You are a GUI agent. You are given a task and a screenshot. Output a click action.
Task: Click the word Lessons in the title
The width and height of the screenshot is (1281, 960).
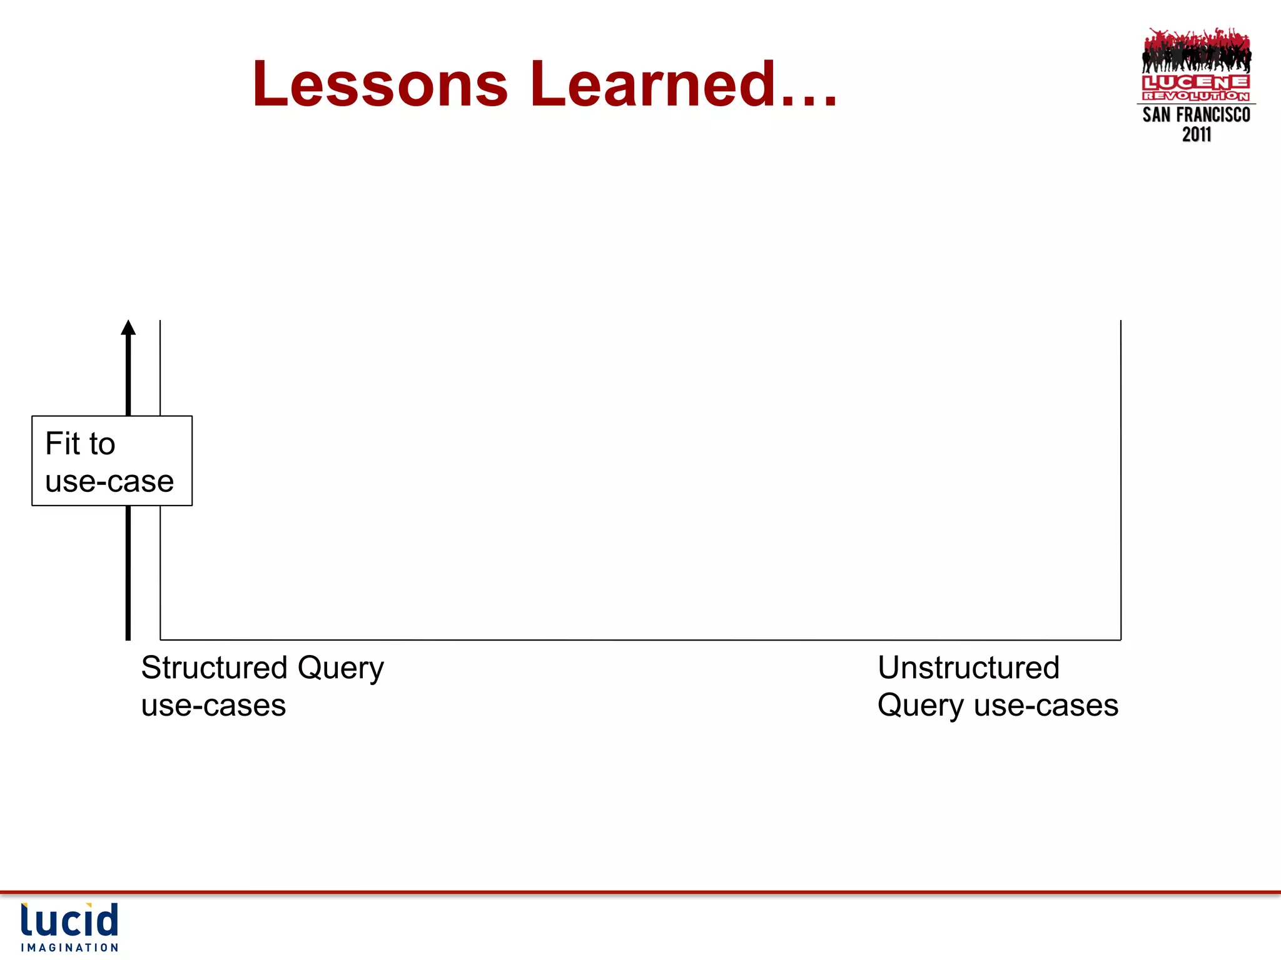pyautogui.click(x=380, y=84)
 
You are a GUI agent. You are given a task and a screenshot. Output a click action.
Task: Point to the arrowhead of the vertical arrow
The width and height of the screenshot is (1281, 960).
pyautogui.click(x=128, y=328)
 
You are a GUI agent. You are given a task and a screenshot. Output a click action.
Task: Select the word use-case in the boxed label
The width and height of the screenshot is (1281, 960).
pyautogui.click(x=109, y=481)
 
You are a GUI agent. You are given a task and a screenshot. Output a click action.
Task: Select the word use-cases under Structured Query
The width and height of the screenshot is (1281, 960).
pyautogui.click(x=213, y=706)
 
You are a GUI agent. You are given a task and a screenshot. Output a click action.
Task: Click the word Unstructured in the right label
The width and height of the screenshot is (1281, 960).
pyautogui.click(x=968, y=667)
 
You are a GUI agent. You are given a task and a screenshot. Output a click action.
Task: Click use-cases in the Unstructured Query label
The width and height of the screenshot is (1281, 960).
pyautogui.click(x=1046, y=706)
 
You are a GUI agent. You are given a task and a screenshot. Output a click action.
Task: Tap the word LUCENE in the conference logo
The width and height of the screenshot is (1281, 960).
pyautogui.click(x=1195, y=82)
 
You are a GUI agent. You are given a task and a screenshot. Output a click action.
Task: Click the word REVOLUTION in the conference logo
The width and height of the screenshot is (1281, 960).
pyautogui.click(x=1195, y=96)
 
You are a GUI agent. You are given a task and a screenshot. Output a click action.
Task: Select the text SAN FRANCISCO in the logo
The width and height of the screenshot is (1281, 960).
pyautogui.click(x=1196, y=115)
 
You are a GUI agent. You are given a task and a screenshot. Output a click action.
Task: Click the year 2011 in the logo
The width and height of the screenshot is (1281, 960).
pyautogui.click(x=1196, y=134)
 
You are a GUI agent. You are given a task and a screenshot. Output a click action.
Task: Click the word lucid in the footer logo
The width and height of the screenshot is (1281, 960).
pyautogui.click(x=69, y=921)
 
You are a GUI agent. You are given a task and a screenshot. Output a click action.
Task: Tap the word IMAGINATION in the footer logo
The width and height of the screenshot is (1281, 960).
pyautogui.click(x=69, y=947)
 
